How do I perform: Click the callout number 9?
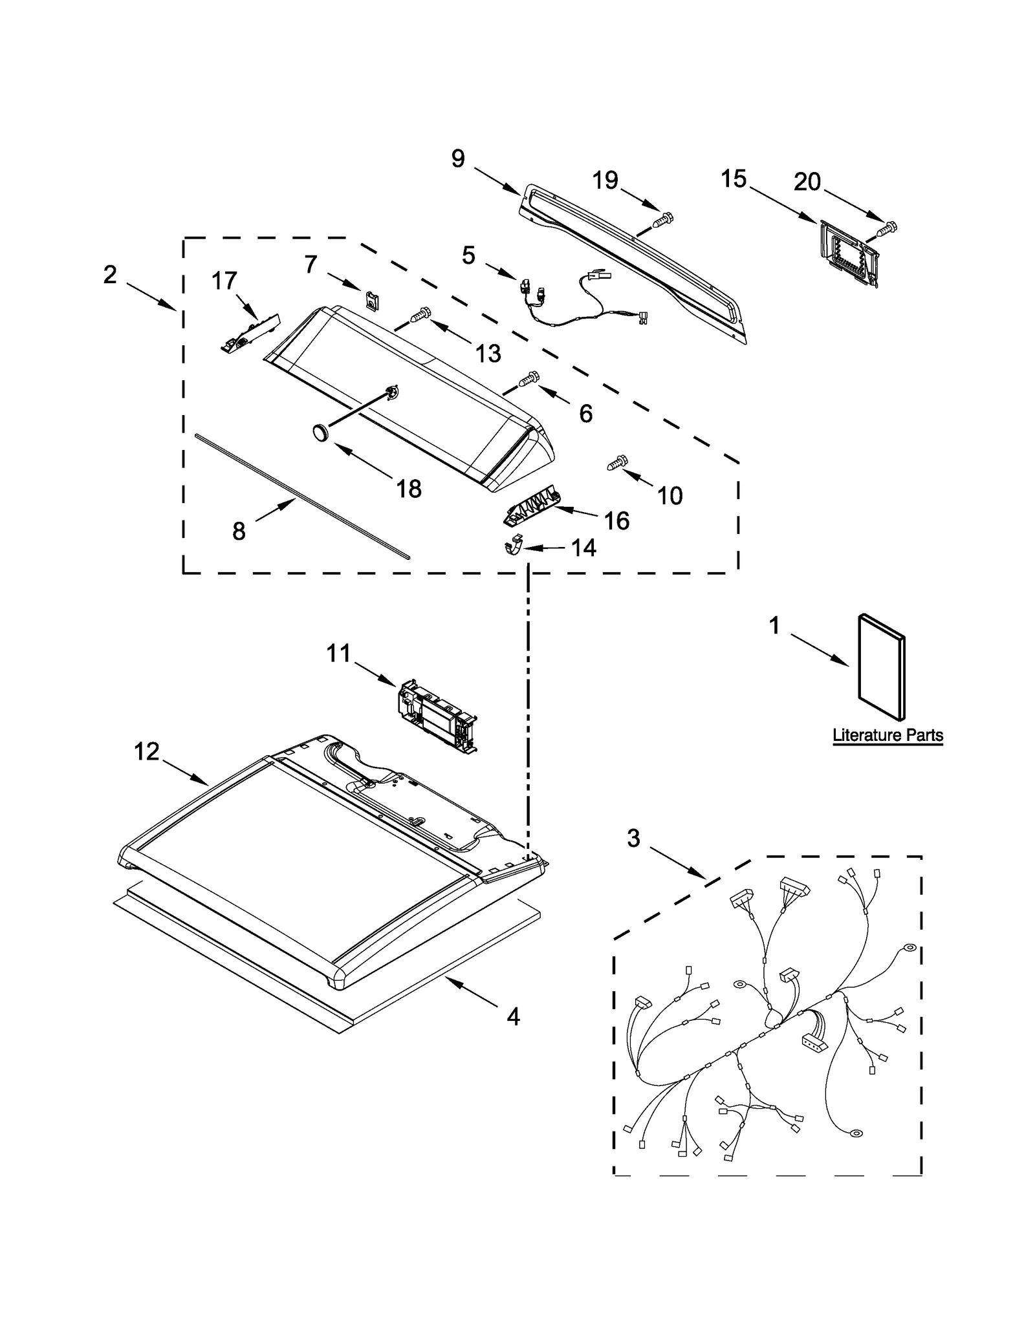pyautogui.click(x=458, y=158)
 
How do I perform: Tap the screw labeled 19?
pyautogui.click(x=661, y=220)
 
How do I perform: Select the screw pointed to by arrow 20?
pyautogui.click(x=888, y=228)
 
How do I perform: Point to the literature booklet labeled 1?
pyautogui.click(x=881, y=667)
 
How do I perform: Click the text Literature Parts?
pyautogui.click(x=887, y=735)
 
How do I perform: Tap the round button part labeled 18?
pyautogui.click(x=320, y=431)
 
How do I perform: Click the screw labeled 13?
pyautogui.click(x=419, y=315)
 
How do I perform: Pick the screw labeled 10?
pyautogui.click(x=617, y=462)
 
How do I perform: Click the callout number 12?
pyautogui.click(x=147, y=751)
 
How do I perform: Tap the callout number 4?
pyautogui.click(x=513, y=1018)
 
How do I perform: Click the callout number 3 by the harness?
pyautogui.click(x=633, y=839)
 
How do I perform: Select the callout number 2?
pyautogui.click(x=110, y=275)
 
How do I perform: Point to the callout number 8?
pyautogui.click(x=239, y=531)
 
